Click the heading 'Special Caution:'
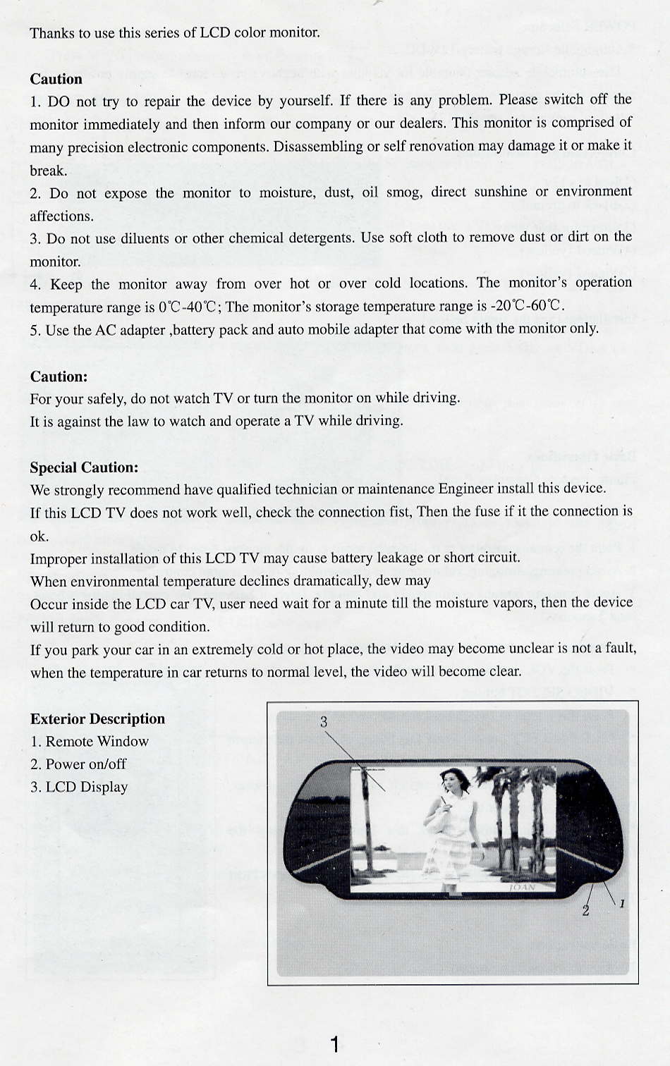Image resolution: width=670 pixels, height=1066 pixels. [84, 467]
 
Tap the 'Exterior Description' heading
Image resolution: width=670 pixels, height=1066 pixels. [97, 718]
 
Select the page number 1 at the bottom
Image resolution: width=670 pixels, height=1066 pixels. [335, 1044]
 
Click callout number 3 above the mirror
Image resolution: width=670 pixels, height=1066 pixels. [324, 721]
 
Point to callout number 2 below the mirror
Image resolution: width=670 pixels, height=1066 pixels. [585, 910]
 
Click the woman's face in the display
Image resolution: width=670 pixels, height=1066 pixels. [449, 780]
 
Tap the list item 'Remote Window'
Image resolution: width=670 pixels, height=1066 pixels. [97, 741]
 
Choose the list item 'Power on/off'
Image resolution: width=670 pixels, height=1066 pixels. [86, 764]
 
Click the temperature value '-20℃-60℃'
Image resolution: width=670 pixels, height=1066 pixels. [528, 306]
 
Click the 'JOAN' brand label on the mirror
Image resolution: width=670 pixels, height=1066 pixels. [522, 888]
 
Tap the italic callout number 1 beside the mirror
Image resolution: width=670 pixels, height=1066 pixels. [622, 903]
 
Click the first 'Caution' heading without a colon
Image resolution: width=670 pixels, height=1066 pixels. [56, 79]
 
